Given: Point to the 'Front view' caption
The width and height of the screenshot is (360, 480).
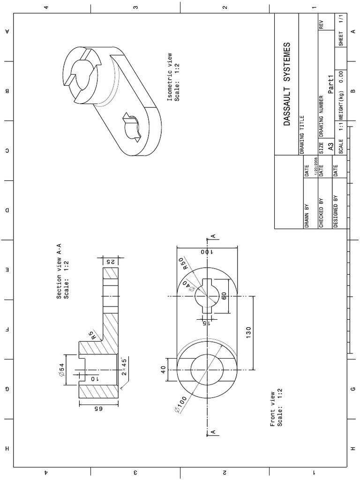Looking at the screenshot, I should point(275,408).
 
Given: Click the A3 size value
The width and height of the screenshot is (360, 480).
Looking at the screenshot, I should point(330,147).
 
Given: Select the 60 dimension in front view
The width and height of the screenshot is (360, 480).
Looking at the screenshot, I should point(224,296).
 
